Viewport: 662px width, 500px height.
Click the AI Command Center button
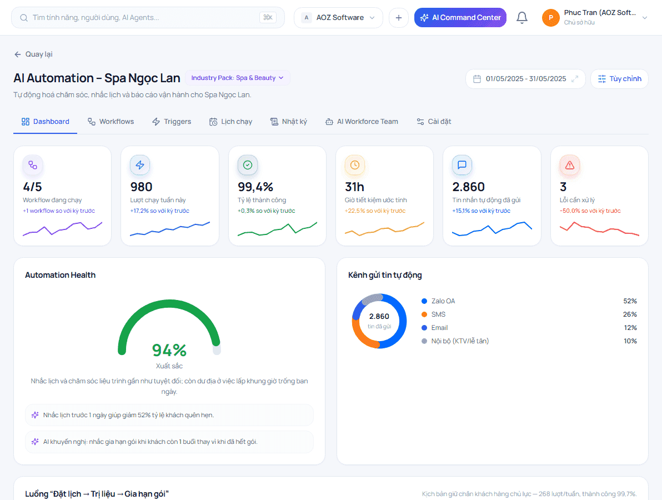tap(460, 18)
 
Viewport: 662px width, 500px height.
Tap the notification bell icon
tap(522, 18)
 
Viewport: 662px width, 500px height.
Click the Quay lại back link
tap(33, 54)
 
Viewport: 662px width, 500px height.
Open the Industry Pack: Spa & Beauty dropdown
tap(237, 78)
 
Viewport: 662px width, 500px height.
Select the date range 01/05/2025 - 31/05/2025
tap(525, 79)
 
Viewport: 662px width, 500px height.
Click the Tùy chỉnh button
tap(619, 79)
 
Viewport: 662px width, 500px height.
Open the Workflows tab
tap(111, 122)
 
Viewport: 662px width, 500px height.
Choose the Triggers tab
tap(172, 122)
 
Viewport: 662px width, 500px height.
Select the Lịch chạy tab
tap(230, 122)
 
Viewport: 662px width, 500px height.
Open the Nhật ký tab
tap(289, 122)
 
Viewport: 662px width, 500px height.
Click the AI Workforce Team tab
tap(362, 122)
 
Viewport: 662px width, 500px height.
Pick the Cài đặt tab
tap(434, 122)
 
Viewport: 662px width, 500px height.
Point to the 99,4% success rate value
tap(255, 187)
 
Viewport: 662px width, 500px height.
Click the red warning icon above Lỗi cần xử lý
tap(570, 165)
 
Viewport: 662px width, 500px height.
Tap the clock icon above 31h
tap(355, 165)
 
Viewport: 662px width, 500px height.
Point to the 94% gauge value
tap(169, 350)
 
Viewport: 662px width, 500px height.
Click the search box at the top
tap(148, 18)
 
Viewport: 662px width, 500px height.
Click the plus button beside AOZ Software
tap(399, 18)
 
